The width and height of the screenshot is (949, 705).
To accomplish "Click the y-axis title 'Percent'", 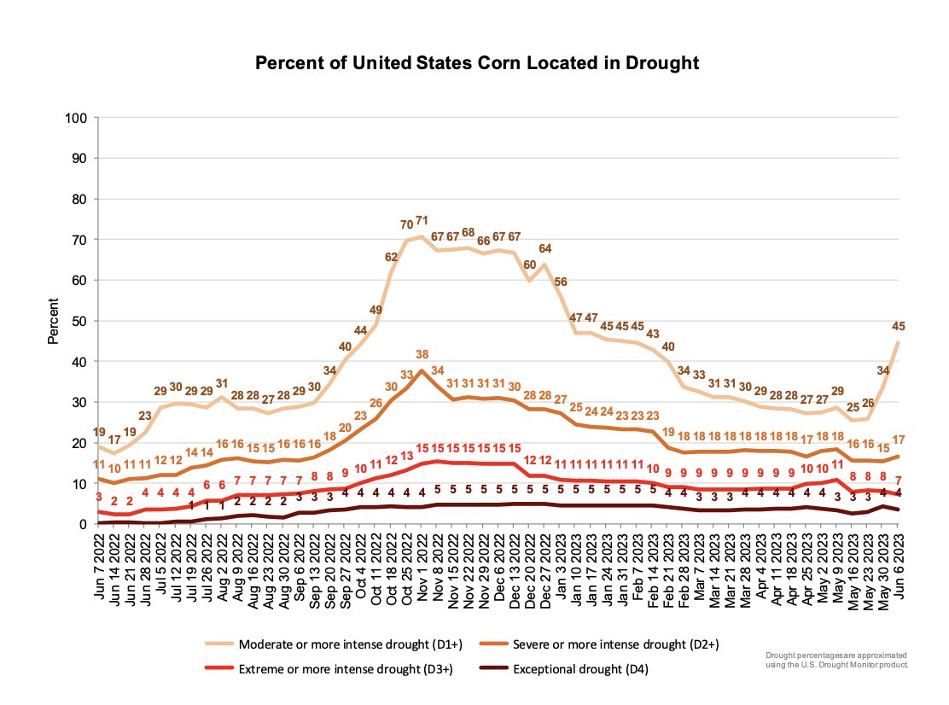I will (53, 322).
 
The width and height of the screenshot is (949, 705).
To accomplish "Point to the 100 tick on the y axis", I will (78, 118).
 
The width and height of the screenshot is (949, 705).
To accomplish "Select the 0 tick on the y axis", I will (84, 524).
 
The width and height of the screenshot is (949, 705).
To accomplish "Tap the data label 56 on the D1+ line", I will (562, 282).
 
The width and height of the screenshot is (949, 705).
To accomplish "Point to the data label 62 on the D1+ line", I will (392, 257).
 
